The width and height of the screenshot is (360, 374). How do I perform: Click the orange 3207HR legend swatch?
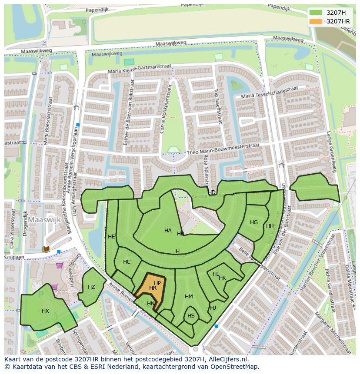tap(316, 21)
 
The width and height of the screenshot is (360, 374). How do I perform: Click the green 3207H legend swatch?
tap(316, 13)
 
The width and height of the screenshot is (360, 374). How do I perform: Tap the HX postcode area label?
tap(45, 311)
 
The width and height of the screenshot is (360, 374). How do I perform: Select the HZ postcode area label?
tap(91, 287)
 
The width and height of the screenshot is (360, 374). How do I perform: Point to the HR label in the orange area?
tap(153, 288)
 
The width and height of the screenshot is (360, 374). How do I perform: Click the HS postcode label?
tap(191, 316)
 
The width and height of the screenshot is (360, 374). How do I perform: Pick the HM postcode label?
tap(189, 297)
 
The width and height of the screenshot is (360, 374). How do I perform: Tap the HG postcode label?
tap(254, 222)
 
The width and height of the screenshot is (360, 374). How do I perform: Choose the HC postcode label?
tap(127, 262)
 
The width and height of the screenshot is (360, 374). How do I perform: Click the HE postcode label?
tap(111, 237)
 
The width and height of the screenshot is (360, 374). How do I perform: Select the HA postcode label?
tap(168, 231)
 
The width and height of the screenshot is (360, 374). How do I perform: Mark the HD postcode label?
tap(212, 192)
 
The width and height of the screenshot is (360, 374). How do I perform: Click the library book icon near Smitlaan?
tap(46, 249)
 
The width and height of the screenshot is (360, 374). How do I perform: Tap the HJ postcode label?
tap(213, 308)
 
